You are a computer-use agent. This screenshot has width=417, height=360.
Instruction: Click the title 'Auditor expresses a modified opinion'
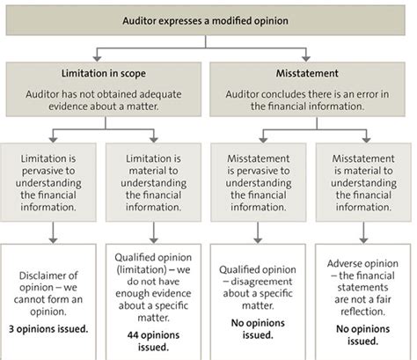[205, 21]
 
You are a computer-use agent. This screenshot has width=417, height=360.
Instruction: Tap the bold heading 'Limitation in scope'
[104, 73]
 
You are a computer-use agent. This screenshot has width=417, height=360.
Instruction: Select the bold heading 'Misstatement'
[307, 73]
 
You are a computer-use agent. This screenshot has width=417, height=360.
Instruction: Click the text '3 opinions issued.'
[48, 329]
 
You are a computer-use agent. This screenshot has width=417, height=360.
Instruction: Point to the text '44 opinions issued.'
[153, 342]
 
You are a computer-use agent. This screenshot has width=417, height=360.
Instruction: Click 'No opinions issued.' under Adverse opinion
[363, 335]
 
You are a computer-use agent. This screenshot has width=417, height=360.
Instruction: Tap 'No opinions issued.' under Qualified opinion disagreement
[258, 329]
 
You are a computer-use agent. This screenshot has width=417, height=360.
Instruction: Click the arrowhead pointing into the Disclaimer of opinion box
[53, 239]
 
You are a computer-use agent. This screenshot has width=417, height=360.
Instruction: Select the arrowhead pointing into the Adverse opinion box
[363, 239]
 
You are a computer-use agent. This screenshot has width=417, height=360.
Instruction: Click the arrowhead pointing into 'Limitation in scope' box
[97, 58]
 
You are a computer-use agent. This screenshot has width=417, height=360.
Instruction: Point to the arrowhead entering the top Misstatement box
[306, 58]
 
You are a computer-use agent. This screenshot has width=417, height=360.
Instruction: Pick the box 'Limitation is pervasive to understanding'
[48, 182]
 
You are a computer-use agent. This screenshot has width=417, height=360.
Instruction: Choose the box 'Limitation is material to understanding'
[153, 182]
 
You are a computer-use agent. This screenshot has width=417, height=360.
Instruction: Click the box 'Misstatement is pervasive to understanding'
[259, 182]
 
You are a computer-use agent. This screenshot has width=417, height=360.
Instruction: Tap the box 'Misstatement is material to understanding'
[363, 182]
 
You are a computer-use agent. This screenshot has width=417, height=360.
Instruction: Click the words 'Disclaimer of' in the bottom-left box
[48, 276]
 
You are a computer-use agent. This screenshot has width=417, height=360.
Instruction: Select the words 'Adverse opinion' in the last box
[362, 263]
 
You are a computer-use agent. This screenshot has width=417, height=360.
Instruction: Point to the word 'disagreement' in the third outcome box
[261, 282]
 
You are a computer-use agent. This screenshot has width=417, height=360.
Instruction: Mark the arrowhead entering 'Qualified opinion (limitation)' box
[154, 239]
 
